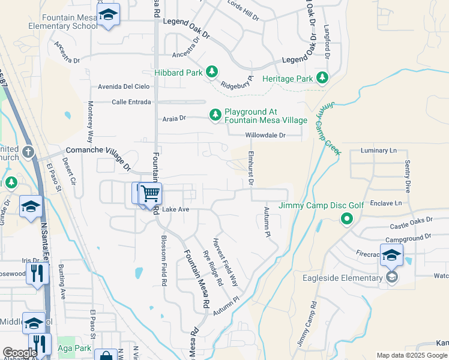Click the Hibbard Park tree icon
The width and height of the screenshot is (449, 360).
[x=211, y=72]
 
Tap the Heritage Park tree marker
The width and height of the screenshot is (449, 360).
[x=322, y=78]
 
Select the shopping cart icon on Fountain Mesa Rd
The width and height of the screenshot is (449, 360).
[x=150, y=194]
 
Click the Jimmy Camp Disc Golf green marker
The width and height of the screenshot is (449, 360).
[x=346, y=219]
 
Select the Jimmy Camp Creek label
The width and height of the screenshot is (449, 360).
[x=328, y=128]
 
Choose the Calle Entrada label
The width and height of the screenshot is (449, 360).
[x=131, y=102]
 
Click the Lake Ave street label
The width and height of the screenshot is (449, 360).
[x=176, y=209]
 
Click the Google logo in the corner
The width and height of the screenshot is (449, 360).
[x=20, y=353]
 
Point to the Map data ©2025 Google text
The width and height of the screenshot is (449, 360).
[x=411, y=355]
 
